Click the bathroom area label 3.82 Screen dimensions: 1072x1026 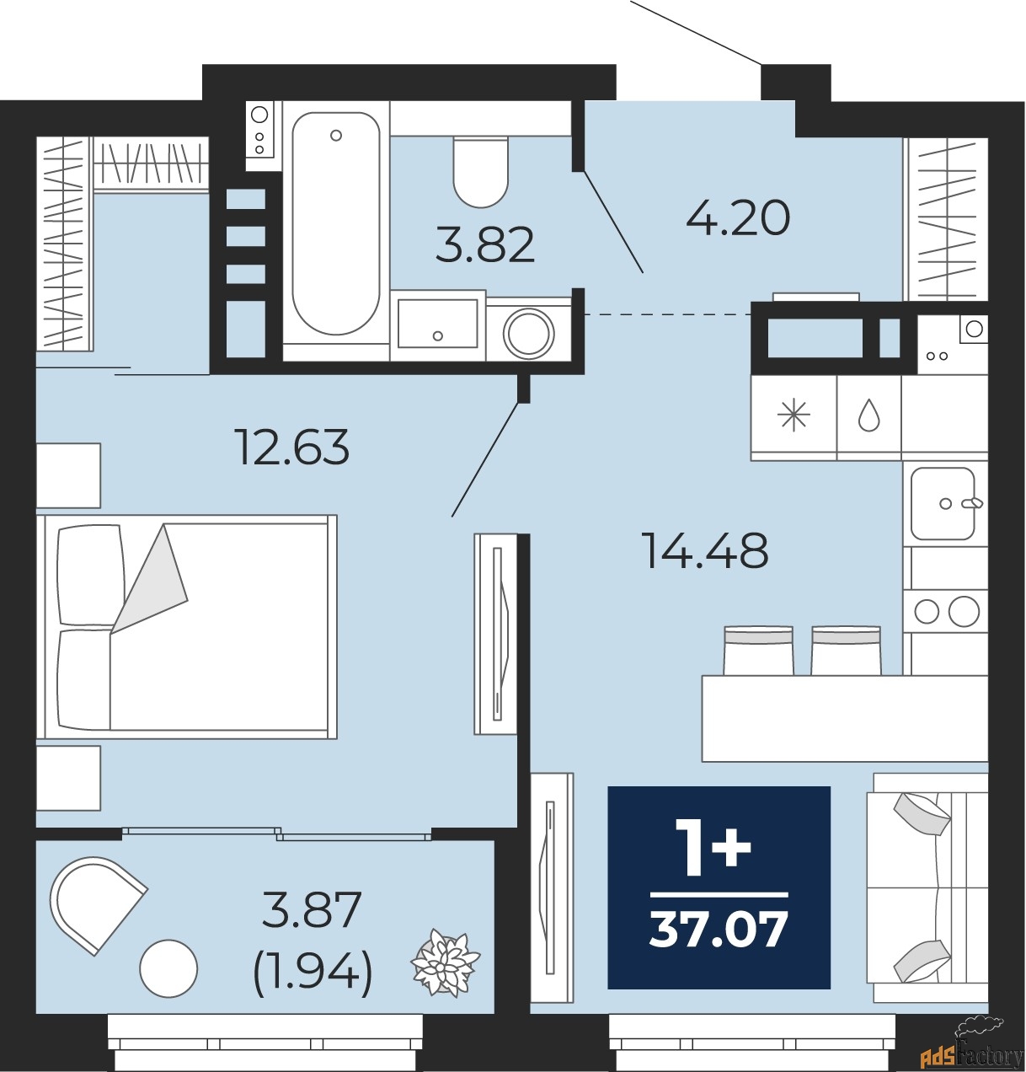[x=485, y=244]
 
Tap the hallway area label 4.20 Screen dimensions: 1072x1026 [x=738, y=218]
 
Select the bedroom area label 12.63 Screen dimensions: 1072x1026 [x=292, y=447]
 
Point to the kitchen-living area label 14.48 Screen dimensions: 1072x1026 [x=704, y=550]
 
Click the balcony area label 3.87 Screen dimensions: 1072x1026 [x=312, y=909]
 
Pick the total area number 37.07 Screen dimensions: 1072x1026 [x=719, y=929]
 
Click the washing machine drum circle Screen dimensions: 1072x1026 [x=529, y=334]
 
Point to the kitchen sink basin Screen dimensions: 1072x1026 [x=942, y=504]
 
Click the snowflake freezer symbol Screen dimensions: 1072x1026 [x=794, y=416]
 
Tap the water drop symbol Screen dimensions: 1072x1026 [x=868, y=416]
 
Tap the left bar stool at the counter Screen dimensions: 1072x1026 [x=758, y=651]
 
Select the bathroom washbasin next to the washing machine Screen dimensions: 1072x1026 [x=437, y=323]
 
